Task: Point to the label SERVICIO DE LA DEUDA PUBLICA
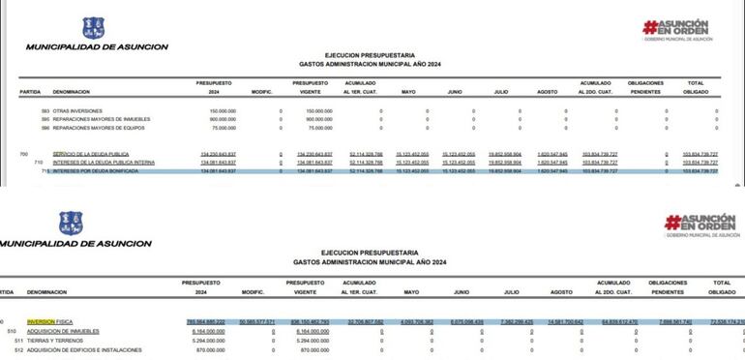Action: [x=91, y=154]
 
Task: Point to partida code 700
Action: [x=23, y=154]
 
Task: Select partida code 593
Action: [x=45, y=111]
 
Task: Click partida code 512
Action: [x=18, y=349]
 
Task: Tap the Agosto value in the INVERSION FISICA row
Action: [x=564, y=321]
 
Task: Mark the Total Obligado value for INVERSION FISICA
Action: [x=725, y=321]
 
